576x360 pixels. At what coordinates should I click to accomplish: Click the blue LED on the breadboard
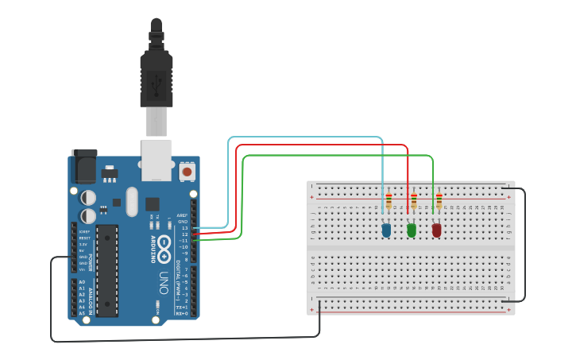coord(386,230)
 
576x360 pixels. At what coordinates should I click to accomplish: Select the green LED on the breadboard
coord(412,230)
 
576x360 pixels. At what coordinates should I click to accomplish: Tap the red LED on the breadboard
coord(436,230)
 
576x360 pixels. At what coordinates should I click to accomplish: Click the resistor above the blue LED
coord(389,202)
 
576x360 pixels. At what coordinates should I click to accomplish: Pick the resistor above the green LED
coord(414,202)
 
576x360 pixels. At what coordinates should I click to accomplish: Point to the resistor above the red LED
coord(439,202)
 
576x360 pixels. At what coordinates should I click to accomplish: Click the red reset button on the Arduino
coord(187,170)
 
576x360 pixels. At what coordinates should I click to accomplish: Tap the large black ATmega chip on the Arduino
coord(107,270)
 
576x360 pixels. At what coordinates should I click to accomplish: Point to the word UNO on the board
coord(164,282)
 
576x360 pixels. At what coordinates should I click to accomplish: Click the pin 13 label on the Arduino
coord(184,228)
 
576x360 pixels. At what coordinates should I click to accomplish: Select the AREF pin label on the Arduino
coord(182,215)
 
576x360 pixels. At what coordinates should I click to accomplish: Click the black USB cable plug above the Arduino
coord(157,68)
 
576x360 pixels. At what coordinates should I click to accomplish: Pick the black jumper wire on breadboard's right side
coord(524,246)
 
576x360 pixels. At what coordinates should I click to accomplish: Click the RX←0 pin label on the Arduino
coord(182,314)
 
